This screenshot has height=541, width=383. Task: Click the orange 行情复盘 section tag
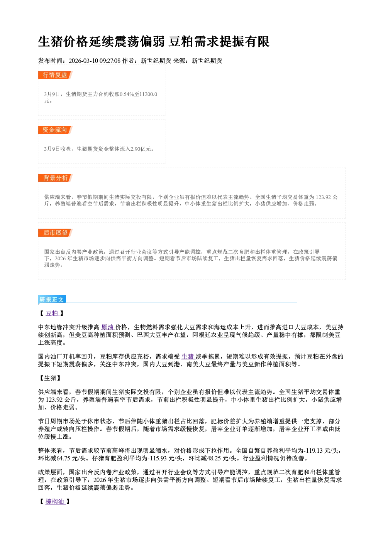pos(55,75)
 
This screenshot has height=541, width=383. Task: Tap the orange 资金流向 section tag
pos(55,130)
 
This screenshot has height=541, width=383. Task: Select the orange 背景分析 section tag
pos(55,178)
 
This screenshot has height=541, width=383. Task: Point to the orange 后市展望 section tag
pos(55,233)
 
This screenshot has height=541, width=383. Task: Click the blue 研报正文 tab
pos(52,300)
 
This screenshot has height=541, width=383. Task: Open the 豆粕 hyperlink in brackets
pos(52,313)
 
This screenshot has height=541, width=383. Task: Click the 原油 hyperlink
pos(108,327)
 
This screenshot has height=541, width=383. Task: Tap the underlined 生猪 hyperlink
pos(188,356)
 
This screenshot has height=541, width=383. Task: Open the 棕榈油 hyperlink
pos(55,502)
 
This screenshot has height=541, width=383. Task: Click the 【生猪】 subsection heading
pos(50,378)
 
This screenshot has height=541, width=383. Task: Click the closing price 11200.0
pos(148,94)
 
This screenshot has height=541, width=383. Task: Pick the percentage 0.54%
pos(127,94)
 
